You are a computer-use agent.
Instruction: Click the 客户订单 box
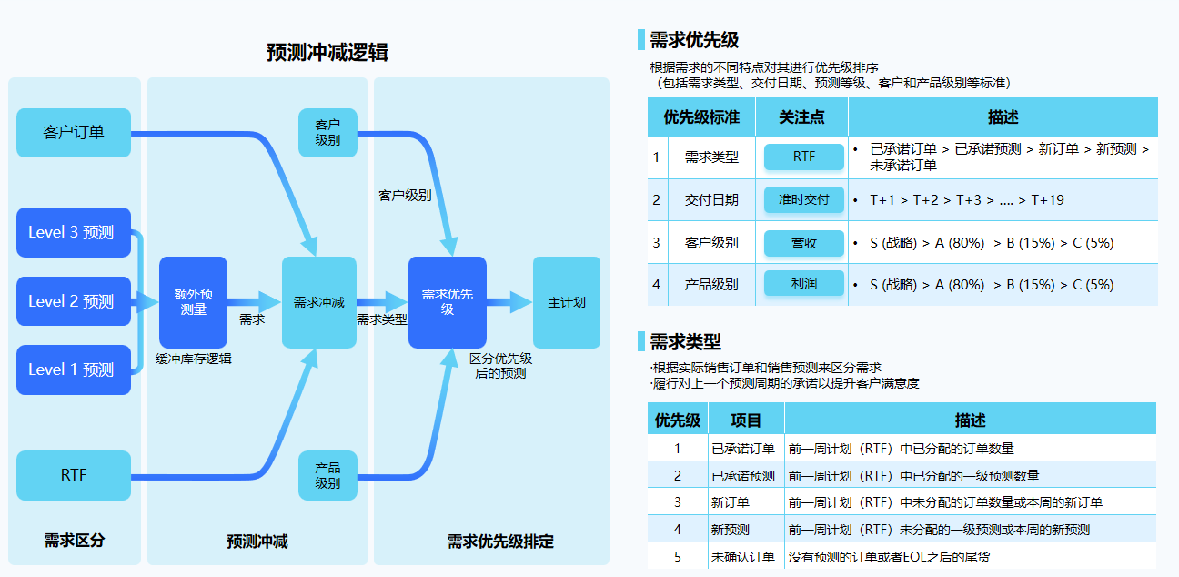[74, 133]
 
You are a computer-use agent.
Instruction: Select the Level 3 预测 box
[74, 232]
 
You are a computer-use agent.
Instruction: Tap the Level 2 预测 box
[74, 301]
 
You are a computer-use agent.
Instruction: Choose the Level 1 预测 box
[74, 369]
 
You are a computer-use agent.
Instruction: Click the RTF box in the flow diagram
[74, 475]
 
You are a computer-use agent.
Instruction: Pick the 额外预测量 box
[193, 302]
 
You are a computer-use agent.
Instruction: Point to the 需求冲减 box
[318, 302]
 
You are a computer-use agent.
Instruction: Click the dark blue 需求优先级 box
[447, 302]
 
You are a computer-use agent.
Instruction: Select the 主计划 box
[566, 302]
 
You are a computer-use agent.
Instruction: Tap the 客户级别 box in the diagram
[327, 133]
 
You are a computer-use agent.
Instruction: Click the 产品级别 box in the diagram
[327, 475]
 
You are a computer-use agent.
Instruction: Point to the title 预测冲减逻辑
[327, 53]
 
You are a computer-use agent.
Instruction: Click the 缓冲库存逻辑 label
[193, 359]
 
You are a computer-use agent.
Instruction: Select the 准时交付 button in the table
[804, 199]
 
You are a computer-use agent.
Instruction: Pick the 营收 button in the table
[804, 242]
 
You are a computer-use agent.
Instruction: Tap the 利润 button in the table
[804, 284]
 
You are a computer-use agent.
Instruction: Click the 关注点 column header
[802, 117]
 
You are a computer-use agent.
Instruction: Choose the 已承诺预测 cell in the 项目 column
[743, 475]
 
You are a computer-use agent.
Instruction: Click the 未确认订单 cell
[743, 556]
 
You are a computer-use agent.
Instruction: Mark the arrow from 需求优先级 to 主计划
[510, 302]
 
